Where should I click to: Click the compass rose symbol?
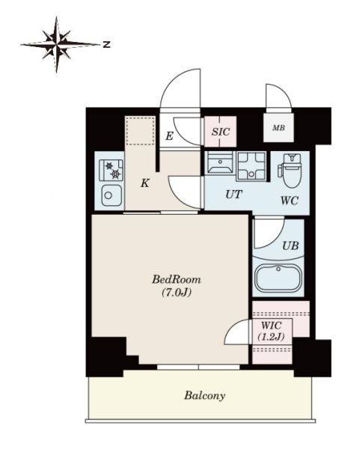click(57, 45)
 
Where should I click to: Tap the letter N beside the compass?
click(106, 45)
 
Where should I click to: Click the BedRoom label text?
click(177, 279)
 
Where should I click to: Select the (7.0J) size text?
click(177, 293)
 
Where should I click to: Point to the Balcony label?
click(204, 395)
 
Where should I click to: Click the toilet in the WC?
click(290, 171)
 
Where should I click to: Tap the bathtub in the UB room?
click(278, 278)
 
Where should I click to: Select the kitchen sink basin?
click(112, 195)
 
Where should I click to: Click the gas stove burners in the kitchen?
click(111, 170)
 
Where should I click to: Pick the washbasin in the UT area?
click(220, 162)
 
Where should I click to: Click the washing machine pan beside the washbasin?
click(251, 166)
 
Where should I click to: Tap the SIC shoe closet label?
click(221, 132)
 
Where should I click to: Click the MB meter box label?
click(278, 128)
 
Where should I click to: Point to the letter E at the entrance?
click(169, 136)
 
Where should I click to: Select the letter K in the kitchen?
click(144, 183)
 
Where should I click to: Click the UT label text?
click(234, 195)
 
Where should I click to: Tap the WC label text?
click(290, 201)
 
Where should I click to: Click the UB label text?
click(290, 245)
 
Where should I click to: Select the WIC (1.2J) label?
click(271, 331)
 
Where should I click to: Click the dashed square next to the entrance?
click(140, 130)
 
